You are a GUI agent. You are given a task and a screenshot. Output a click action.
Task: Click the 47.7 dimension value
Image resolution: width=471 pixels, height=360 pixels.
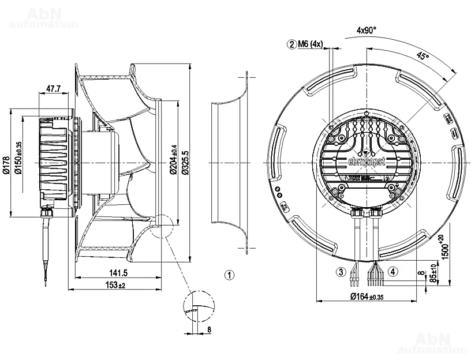coord(53,89)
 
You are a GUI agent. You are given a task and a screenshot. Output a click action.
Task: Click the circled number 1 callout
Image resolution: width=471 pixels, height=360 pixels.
coord(230,275)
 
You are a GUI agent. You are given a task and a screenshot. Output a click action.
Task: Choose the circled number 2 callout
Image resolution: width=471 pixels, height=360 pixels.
coord(293,43)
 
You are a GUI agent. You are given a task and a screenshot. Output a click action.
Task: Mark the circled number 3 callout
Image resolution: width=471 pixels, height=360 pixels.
coord(341,271)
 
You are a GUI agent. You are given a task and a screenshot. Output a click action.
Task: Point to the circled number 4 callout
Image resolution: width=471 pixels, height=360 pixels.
coord(393,271)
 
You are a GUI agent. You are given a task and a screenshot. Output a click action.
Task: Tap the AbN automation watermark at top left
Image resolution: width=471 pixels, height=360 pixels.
coord(44,17)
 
